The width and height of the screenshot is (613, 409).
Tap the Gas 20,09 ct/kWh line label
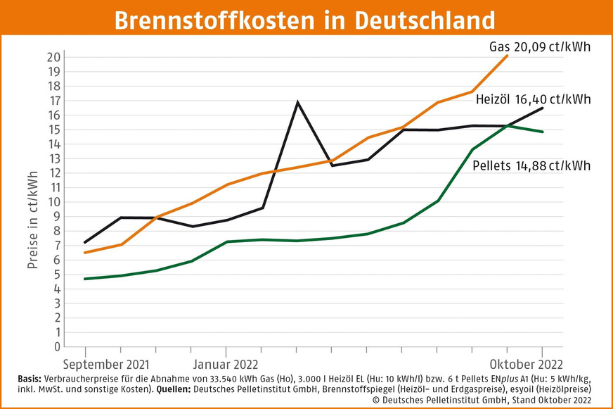[539, 47]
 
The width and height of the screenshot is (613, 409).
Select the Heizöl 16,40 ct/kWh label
[533, 99]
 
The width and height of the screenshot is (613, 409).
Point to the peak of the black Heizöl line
[297, 103]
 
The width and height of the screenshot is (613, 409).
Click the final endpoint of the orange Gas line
[507, 56]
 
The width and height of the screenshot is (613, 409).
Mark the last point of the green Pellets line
[542, 132]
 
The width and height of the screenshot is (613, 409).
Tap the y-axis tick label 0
[56, 346]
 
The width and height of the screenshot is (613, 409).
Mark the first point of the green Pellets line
[85, 279]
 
